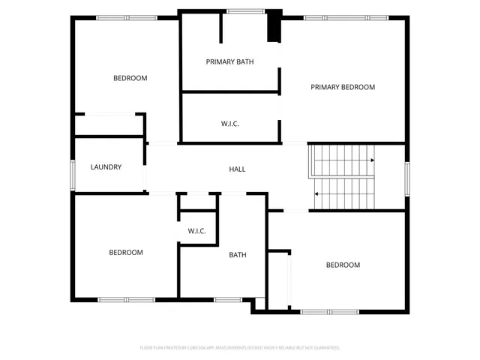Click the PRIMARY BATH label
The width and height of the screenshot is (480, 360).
pos(229,61)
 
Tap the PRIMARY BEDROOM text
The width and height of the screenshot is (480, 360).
pos(343,87)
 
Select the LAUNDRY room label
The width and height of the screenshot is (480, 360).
pos(106,167)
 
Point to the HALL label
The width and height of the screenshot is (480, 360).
pos(237,169)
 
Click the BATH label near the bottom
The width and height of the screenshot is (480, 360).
pos(238,255)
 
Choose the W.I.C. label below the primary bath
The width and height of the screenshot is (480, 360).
pos(230,124)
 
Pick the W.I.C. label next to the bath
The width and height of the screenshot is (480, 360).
pos(196,231)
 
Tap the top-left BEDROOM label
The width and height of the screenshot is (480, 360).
pos(130,78)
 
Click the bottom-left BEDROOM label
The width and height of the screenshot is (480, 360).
pos(126,253)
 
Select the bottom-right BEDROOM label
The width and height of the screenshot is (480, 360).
pos(343,265)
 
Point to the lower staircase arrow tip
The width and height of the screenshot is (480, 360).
pos(316,194)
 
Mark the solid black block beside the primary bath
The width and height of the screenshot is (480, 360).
pos(274,25)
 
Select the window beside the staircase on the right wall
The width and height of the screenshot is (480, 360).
pos(407,178)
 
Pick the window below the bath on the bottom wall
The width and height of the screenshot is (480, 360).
pos(227,300)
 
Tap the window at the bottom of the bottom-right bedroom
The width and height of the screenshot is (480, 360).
pos(330,311)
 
